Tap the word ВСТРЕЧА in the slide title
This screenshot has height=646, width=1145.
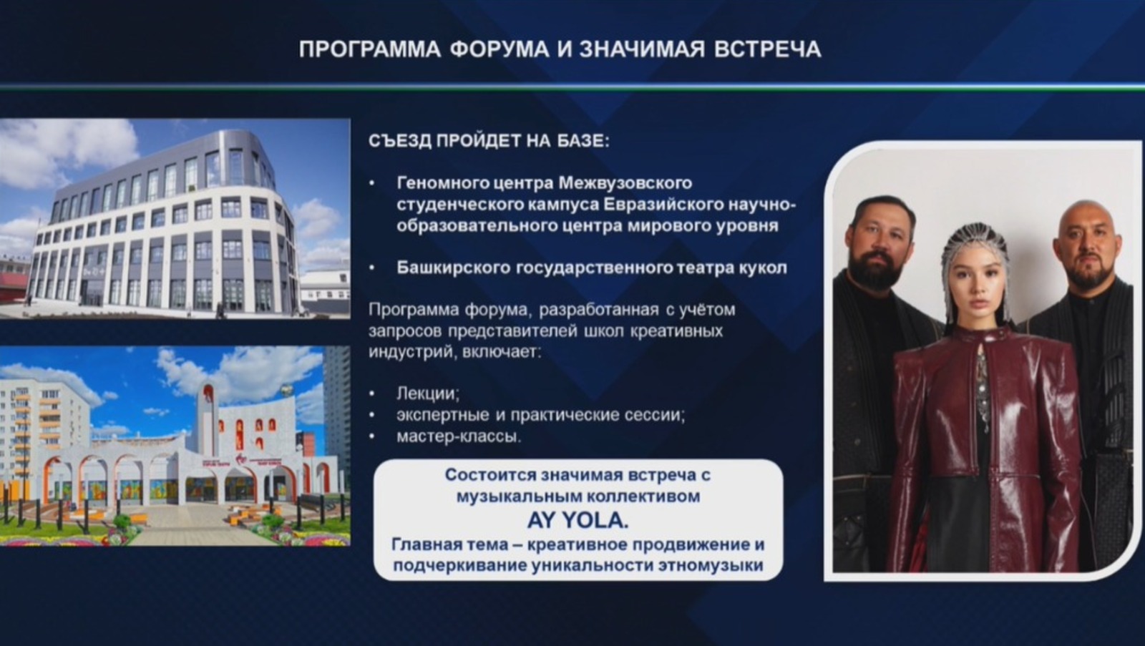767,49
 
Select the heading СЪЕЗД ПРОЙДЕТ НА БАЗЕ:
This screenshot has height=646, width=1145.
489,141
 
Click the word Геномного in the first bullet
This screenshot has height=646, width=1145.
437,183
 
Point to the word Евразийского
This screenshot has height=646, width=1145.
663,205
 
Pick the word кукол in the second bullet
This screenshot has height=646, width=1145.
764,268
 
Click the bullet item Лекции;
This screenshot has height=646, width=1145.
428,393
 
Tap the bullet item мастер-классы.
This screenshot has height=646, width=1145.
459,436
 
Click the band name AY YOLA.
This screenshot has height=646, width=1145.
578,520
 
